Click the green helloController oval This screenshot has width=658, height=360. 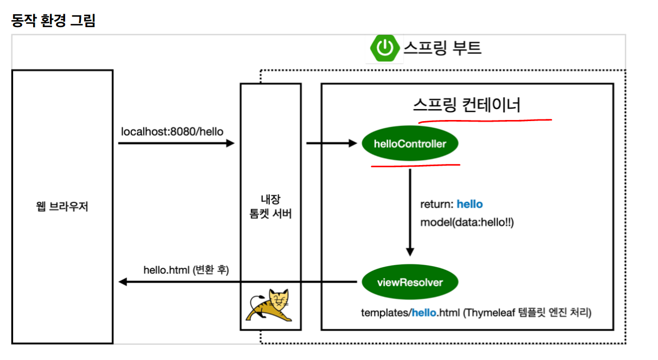click(410, 144)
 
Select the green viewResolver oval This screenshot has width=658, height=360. click(410, 282)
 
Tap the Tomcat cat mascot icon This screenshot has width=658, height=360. click(270, 306)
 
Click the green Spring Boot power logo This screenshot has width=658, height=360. click(385, 48)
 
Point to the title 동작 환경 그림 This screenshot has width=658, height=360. click(53, 21)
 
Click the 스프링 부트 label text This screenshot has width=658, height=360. click(442, 48)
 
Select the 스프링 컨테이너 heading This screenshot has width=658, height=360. click(466, 104)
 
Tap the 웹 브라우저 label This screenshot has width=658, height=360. click(62, 207)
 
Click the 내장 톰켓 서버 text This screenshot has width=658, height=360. click(270, 206)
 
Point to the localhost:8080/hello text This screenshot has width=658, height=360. click(172, 131)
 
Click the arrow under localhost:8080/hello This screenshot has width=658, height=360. click(176, 143)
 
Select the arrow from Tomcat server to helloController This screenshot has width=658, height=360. click(331, 143)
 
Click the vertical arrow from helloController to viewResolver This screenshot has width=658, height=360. click(410, 212)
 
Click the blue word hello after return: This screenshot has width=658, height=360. click(470, 204)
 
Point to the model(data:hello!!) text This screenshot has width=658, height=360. click(466, 222)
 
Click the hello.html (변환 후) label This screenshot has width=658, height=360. click(186, 269)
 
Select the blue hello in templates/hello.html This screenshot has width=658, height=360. click(424, 313)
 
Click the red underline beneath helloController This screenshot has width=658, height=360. click(415, 165)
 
